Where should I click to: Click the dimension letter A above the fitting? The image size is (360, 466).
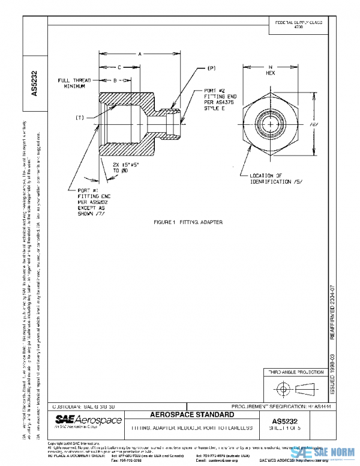pos(139,54)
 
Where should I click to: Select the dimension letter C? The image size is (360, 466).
pos(119,67)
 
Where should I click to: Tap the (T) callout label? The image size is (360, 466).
pos(80,118)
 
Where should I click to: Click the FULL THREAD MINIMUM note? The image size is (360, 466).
pos(71,83)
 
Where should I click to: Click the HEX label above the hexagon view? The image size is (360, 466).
pos(271,71)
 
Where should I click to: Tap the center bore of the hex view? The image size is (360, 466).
pos(271,123)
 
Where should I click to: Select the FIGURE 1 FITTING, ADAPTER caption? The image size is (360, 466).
pos(188,222)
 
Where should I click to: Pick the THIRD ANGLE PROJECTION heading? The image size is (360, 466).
pos(295,373)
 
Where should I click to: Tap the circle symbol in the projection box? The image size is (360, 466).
pos(281,389)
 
